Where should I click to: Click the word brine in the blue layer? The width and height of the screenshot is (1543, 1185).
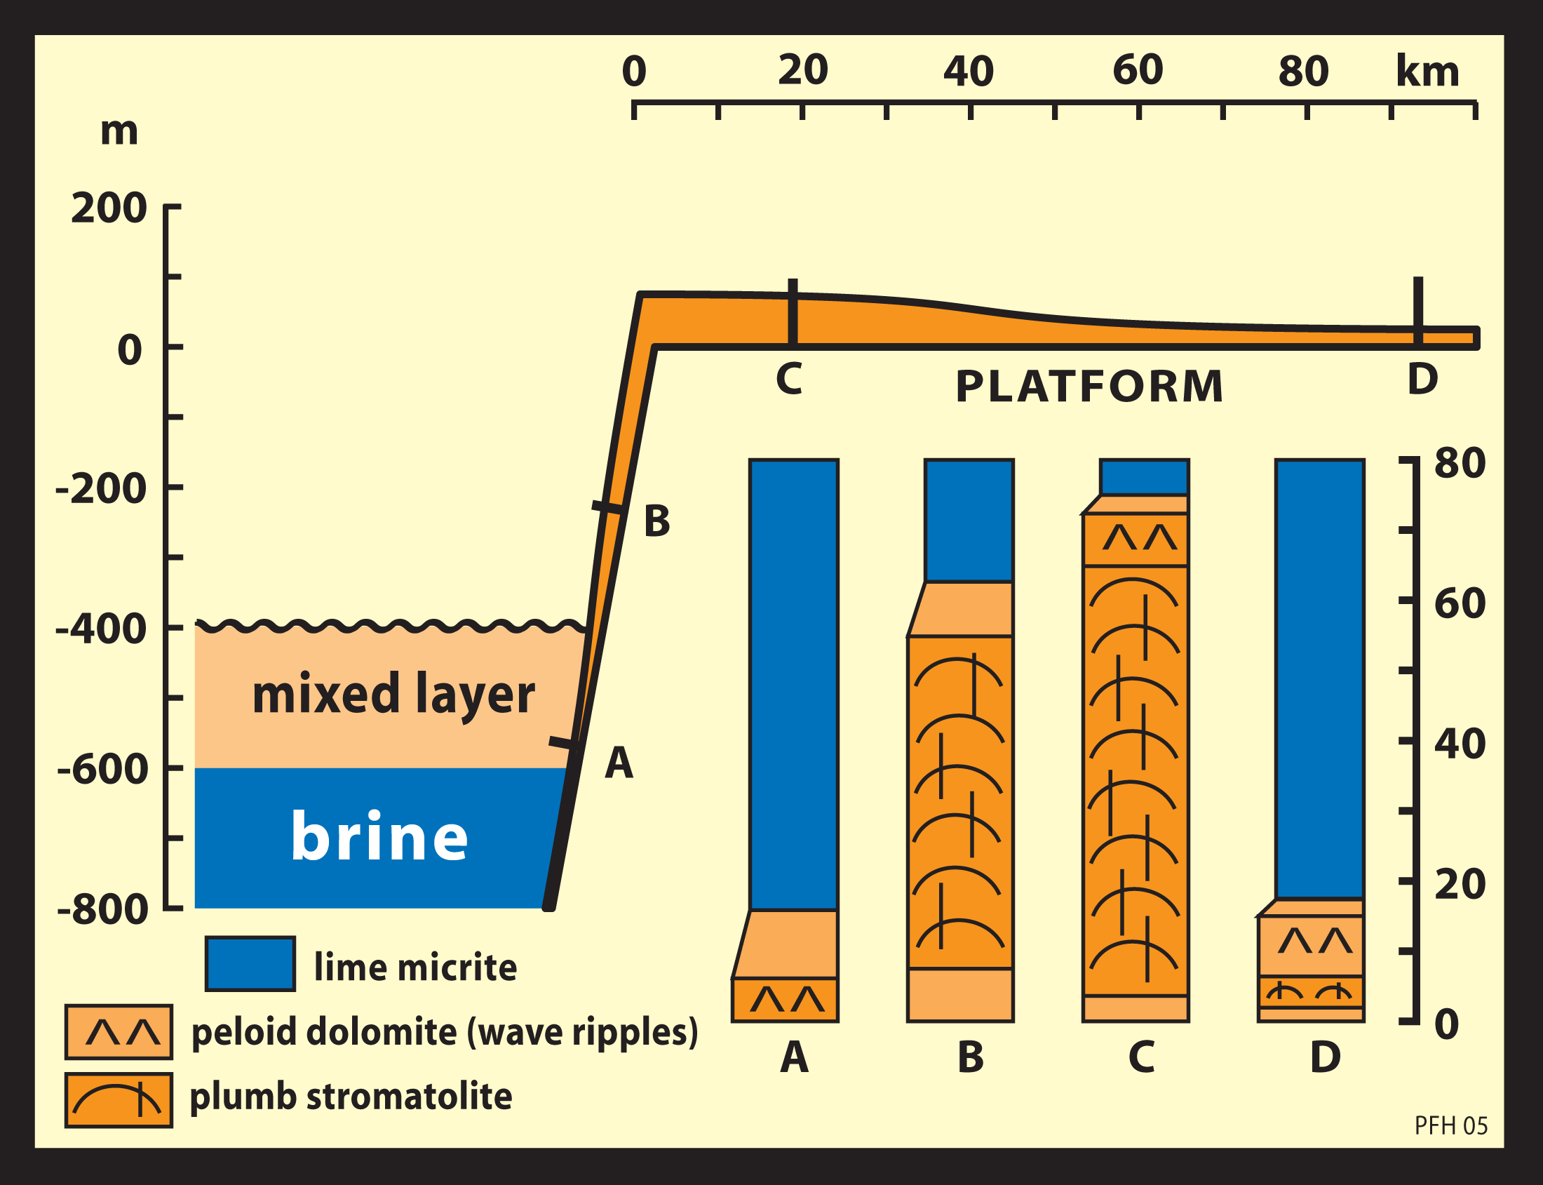point(379,837)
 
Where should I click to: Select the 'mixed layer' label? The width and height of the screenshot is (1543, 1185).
point(393,694)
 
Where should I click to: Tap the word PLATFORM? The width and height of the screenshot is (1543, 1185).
point(1089,387)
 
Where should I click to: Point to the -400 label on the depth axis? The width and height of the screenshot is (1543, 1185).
point(101,629)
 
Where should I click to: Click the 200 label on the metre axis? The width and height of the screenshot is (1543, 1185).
point(109,209)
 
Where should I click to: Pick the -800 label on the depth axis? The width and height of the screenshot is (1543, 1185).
point(102,909)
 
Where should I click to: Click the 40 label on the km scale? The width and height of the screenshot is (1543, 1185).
point(969,72)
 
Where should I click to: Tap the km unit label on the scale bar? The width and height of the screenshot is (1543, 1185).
point(1427,72)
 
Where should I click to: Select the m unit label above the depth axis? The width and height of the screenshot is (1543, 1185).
point(119,131)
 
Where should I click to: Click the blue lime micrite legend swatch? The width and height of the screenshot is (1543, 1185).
point(250,964)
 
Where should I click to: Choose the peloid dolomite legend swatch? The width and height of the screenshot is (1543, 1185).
point(119,1032)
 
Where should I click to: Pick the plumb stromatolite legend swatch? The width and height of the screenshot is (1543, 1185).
point(119,1100)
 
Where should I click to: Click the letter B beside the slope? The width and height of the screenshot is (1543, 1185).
point(656,522)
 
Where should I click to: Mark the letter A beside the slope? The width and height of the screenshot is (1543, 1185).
point(619,763)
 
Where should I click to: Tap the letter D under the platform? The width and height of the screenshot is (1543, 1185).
point(1422,380)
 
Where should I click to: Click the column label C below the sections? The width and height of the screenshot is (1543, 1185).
point(1141,1057)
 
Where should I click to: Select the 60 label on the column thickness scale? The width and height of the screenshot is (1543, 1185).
point(1460,604)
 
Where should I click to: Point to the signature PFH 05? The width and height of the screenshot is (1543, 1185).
point(1450,1126)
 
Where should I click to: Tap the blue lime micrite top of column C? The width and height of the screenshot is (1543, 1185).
point(1144,476)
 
